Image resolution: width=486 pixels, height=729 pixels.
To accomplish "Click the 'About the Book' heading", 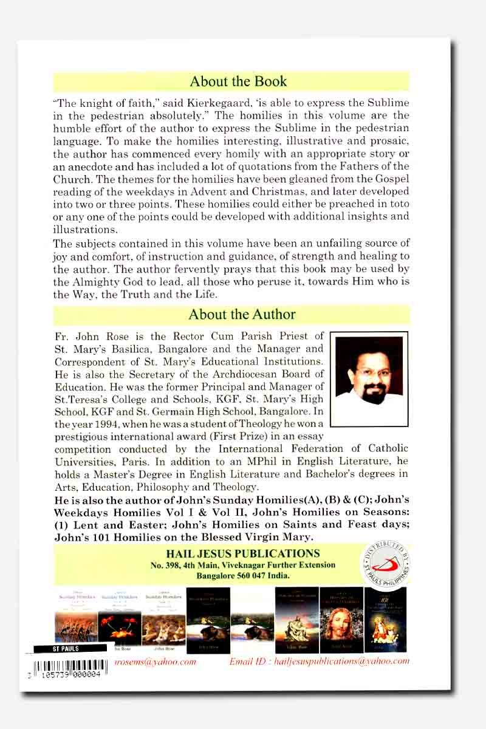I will (238, 81).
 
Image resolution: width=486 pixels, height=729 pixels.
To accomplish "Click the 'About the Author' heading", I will (242, 314).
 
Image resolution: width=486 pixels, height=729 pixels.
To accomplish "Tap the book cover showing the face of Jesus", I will (341, 619).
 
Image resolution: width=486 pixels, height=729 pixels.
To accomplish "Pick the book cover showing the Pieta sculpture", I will (296, 619).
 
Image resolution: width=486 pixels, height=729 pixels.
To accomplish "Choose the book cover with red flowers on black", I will (120, 619).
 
